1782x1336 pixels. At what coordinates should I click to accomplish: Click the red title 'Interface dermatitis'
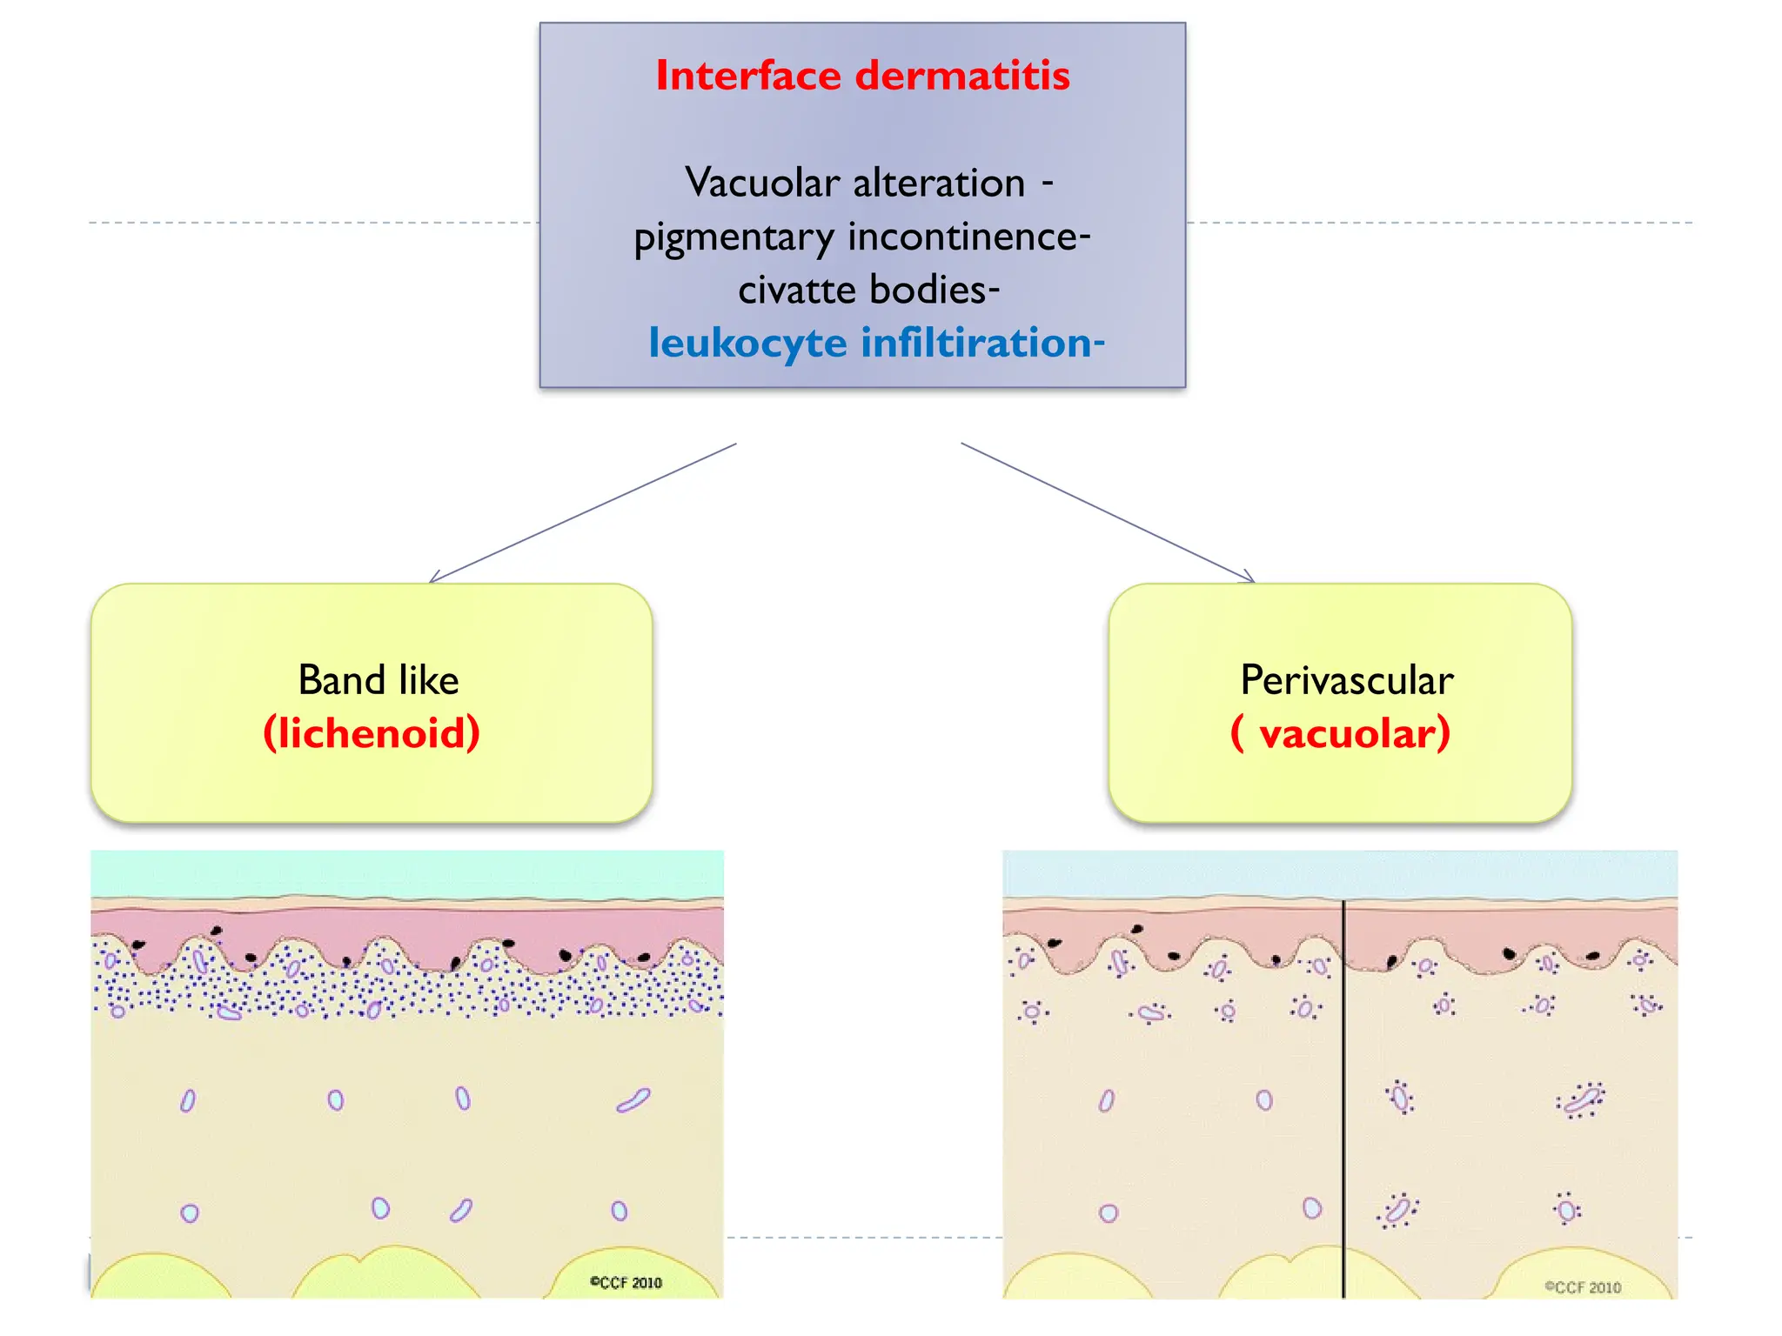pyautogui.click(x=862, y=76)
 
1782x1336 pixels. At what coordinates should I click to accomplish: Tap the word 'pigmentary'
pyautogui.click(x=734, y=237)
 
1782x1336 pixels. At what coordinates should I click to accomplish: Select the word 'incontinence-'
pyautogui.click(x=969, y=237)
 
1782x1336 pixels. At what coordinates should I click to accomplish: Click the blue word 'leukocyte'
pyautogui.click(x=747, y=343)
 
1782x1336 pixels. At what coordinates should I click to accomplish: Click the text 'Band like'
pyautogui.click(x=379, y=680)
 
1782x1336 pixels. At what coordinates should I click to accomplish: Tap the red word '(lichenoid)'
pyautogui.click(x=372, y=732)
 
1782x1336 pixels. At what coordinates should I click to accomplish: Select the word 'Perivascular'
pyautogui.click(x=1346, y=680)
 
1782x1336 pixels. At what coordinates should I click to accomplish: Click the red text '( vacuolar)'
pyautogui.click(x=1341, y=732)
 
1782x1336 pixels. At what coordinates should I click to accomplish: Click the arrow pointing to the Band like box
pyautogui.click(x=583, y=513)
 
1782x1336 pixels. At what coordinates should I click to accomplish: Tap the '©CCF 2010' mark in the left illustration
pyautogui.click(x=626, y=1282)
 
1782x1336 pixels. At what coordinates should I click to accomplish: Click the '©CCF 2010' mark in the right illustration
pyautogui.click(x=1583, y=1287)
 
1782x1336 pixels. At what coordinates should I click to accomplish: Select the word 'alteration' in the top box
pyautogui.click(x=939, y=183)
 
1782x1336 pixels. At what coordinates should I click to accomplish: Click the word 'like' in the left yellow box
pyautogui.click(x=429, y=680)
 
